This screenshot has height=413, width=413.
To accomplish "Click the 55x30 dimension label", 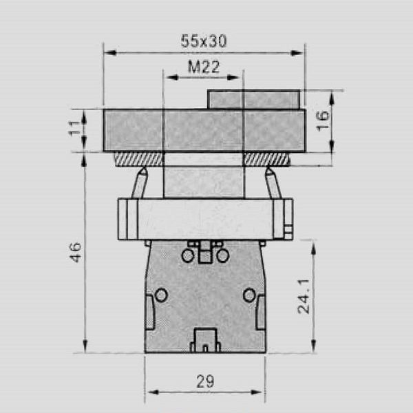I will click(204, 41).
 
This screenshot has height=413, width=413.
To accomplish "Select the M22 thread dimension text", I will click(202, 67).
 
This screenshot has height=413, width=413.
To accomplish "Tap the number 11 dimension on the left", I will click(74, 130).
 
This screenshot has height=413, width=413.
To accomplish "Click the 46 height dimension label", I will click(75, 251).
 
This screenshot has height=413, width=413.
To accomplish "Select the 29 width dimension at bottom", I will click(204, 381).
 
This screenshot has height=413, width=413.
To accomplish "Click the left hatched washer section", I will click(138, 159).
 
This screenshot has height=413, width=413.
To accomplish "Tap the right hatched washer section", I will click(266, 159).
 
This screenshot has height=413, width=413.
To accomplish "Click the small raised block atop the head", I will click(253, 99).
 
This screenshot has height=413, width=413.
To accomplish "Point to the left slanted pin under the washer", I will click(140, 182).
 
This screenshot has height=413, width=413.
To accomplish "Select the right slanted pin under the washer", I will click(271, 182).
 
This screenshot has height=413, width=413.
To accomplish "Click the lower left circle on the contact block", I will click(161, 295).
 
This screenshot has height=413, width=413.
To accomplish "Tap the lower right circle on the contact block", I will click(249, 295).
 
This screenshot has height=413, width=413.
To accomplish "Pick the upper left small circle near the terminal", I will click(188, 256).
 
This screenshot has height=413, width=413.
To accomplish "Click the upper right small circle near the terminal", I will click(222, 256).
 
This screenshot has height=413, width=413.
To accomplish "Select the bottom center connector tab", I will click(205, 339).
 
